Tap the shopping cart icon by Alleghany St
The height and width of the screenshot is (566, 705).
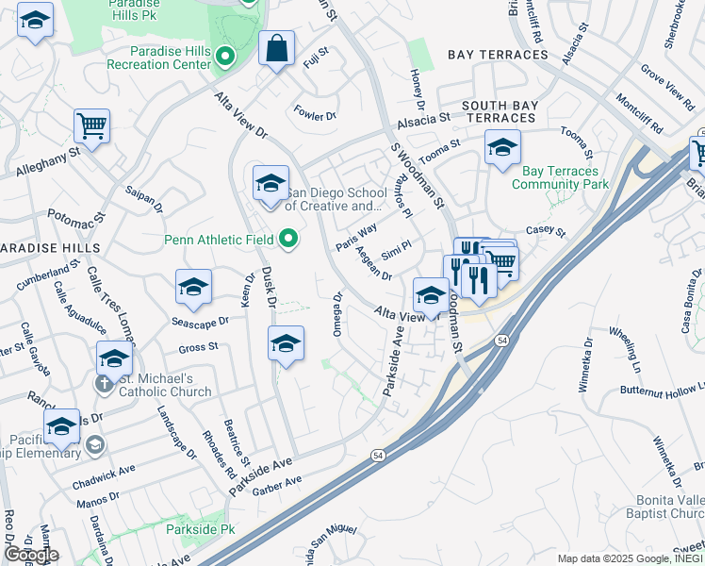pos(91,125)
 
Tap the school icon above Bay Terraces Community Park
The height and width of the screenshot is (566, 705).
pos(502,147)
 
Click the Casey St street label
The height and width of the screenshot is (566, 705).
pos(545,231)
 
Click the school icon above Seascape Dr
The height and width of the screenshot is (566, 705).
pos(193,288)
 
